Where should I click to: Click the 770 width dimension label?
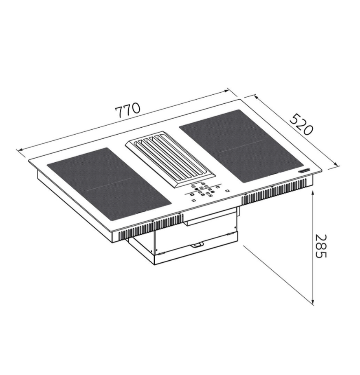(x=127, y=110)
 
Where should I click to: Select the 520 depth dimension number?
(x=301, y=124)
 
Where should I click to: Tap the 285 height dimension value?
(x=320, y=246)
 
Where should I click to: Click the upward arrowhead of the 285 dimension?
(x=313, y=193)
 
